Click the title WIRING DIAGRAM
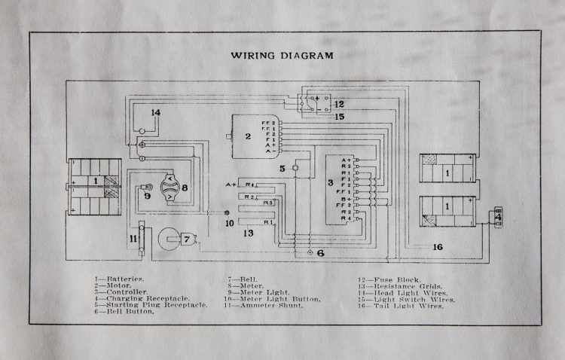(282, 55)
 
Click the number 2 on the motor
(248, 136)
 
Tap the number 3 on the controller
(329, 183)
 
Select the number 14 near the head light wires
(155, 113)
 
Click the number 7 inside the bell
(186, 239)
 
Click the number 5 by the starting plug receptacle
(282, 168)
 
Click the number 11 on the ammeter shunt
(133, 238)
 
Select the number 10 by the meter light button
(230, 223)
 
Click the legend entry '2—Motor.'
(112, 286)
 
